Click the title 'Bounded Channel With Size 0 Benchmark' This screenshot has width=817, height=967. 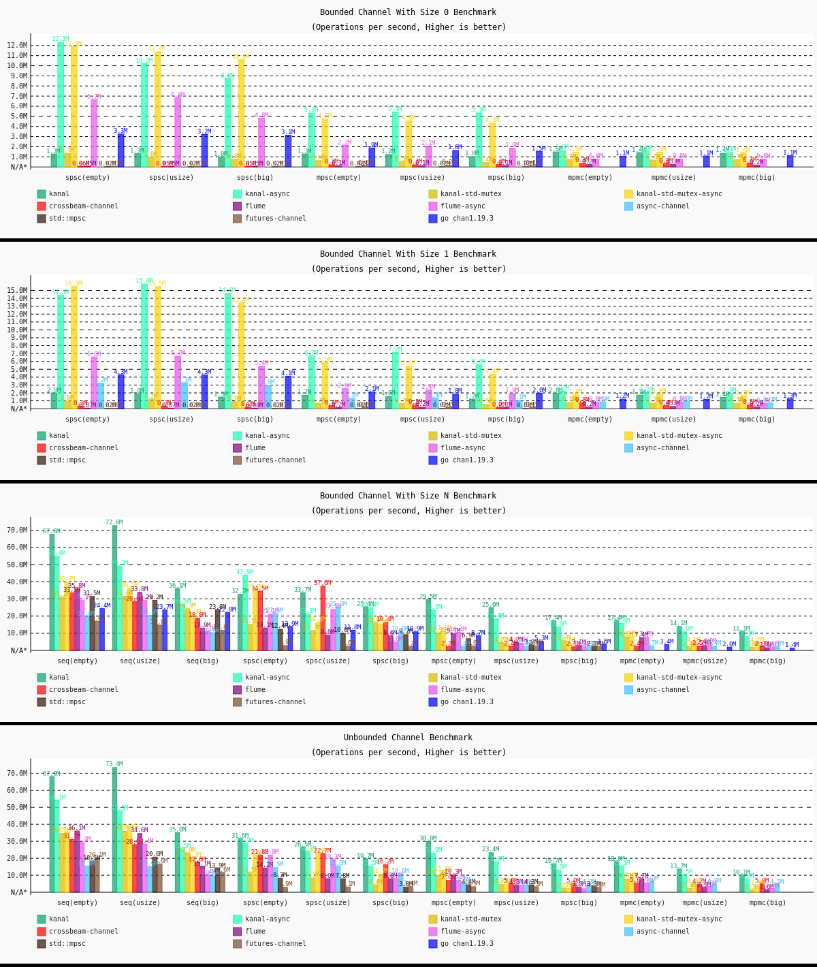[x=408, y=12]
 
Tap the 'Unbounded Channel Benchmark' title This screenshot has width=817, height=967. [x=408, y=738]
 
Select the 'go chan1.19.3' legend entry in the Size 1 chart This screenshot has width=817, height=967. [x=466, y=460]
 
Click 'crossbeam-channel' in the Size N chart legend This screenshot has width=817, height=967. [x=83, y=690]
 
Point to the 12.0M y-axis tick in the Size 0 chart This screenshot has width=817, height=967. [x=17, y=46]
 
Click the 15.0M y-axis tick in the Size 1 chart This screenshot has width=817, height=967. [x=17, y=290]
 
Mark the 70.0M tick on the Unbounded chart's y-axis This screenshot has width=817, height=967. [x=17, y=774]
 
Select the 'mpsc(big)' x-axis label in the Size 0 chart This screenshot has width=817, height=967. [x=506, y=178]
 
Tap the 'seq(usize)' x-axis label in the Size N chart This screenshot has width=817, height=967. [x=140, y=661]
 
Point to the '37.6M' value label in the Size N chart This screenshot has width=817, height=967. [x=323, y=583]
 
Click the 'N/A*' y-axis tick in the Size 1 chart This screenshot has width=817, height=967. [x=17, y=409]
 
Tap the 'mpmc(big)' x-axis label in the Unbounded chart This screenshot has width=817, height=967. [x=767, y=903]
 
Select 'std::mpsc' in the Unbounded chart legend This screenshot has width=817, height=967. [x=67, y=944]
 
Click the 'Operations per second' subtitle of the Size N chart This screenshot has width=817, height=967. [x=408, y=511]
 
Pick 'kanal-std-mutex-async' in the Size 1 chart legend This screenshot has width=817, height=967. [x=679, y=436]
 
